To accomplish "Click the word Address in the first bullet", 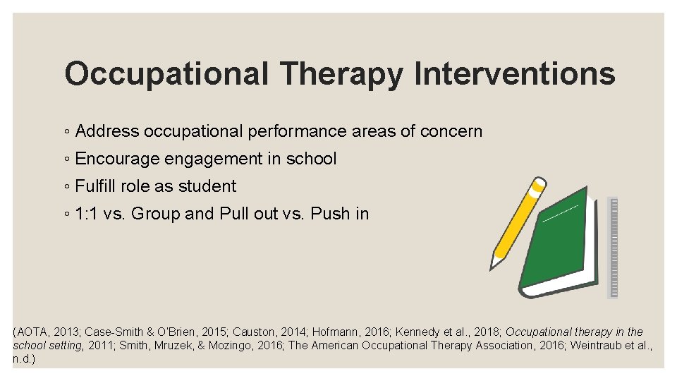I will [106, 131].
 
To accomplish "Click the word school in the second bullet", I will [311, 159].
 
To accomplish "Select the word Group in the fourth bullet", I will [156, 214].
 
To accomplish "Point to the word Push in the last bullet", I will [330, 214].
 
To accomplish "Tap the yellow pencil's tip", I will [494, 265].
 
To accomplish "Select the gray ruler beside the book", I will [612, 247].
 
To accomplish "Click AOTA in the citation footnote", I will [32, 332].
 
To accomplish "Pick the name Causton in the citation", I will [252, 332].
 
